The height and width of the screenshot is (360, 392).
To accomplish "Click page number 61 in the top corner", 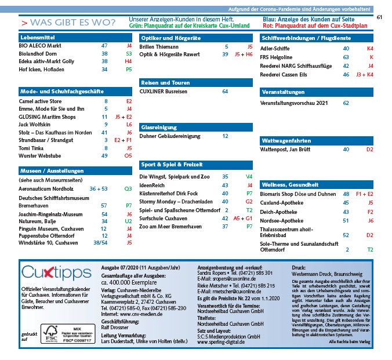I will coord(380,17).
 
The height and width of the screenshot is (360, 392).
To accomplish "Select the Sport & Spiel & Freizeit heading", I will coord(172,164).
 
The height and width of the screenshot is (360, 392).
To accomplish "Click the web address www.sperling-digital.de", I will coord(222,342).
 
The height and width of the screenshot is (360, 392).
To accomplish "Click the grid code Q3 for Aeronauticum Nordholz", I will coord(128,189).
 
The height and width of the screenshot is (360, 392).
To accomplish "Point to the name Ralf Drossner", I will coord(116,327).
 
